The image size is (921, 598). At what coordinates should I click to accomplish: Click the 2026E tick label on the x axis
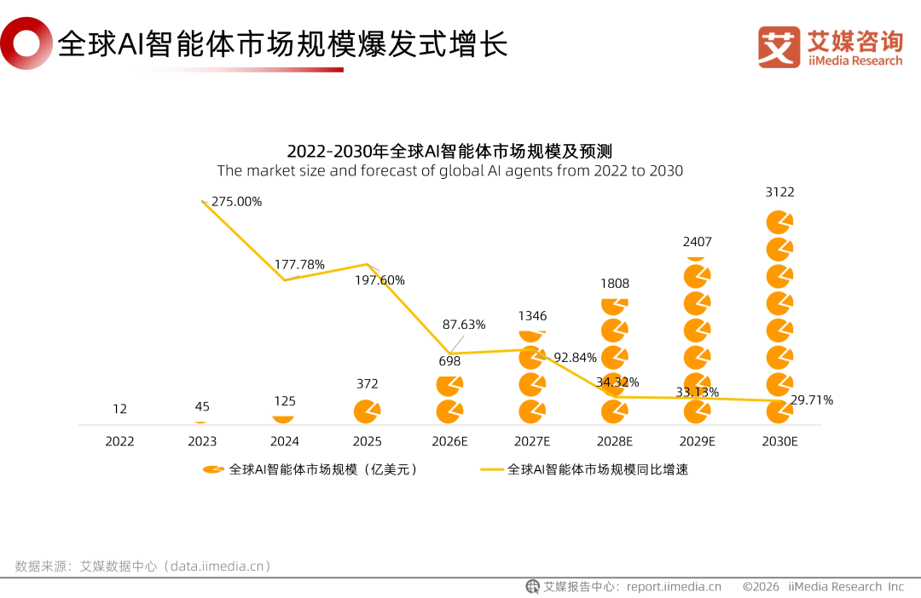pyautogui.click(x=450, y=441)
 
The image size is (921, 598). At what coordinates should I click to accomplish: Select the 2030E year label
pyautogui.click(x=779, y=441)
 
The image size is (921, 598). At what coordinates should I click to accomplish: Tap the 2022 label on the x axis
pyautogui.click(x=119, y=441)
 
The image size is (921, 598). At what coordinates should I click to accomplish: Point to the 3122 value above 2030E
pyautogui.click(x=779, y=193)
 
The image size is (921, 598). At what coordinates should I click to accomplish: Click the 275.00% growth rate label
pyautogui.click(x=236, y=202)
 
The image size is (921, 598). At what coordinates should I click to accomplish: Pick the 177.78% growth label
pyautogui.click(x=299, y=264)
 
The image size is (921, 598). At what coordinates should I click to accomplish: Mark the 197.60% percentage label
pyautogui.click(x=379, y=280)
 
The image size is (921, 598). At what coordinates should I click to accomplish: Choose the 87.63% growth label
pyautogui.click(x=464, y=325)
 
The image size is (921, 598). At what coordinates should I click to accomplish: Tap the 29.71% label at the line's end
pyautogui.click(x=811, y=400)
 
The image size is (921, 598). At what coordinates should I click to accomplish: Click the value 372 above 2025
pyautogui.click(x=368, y=384)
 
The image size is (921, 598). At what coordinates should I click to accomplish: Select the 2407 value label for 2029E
pyautogui.click(x=697, y=242)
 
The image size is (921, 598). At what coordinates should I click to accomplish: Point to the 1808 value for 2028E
pyautogui.click(x=614, y=283)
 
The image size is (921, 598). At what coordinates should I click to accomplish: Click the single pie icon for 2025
pyautogui.click(x=367, y=411)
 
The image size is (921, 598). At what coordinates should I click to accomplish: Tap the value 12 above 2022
pyautogui.click(x=119, y=409)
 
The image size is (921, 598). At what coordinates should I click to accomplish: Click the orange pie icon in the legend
pyautogui.click(x=213, y=469)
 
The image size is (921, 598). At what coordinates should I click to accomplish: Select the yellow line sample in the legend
pyautogui.click(x=492, y=469)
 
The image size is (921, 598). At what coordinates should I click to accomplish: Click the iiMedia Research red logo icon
pyautogui.click(x=779, y=47)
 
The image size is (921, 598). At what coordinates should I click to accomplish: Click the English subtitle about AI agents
pyautogui.click(x=450, y=170)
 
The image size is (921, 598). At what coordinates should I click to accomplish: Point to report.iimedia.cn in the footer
pyautogui.click(x=674, y=586)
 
